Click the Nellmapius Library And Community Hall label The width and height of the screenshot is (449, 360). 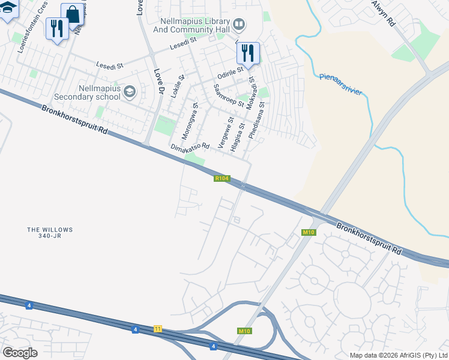coord(191,24)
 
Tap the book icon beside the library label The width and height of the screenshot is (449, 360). coord(239,24)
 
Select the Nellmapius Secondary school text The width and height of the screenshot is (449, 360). coord(87,92)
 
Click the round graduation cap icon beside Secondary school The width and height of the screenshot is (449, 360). coord(130,92)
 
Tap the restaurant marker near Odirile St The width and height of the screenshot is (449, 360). coord(248,53)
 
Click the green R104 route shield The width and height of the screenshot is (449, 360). coord(221,178)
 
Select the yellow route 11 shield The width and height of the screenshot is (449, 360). coord(158,329)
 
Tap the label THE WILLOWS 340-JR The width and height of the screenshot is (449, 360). coord(50,233)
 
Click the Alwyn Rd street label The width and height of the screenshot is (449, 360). coord(382,13)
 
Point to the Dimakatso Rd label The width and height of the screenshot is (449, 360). coord(190,146)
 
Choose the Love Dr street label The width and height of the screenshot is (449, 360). coord(158,82)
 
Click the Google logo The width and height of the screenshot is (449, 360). coord(20,353)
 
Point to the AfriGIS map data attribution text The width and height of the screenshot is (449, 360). coord(399,355)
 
